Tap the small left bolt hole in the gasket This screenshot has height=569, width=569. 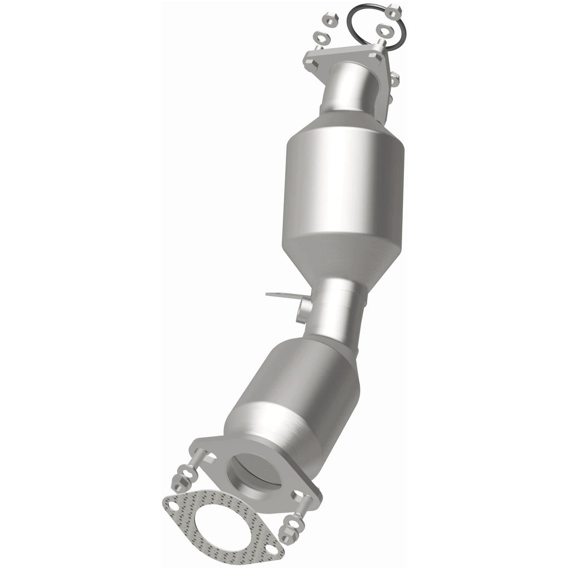[x=174, y=506]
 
